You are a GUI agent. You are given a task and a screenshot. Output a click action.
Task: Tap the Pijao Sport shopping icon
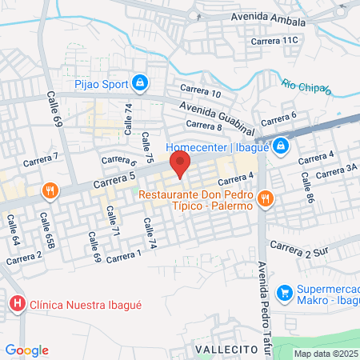(140, 82)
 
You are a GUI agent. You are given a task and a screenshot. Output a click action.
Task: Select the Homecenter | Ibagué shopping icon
(281, 146)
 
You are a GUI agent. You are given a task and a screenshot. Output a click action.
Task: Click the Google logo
(26, 350)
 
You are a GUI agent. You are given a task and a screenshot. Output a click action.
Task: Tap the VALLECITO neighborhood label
(226, 350)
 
